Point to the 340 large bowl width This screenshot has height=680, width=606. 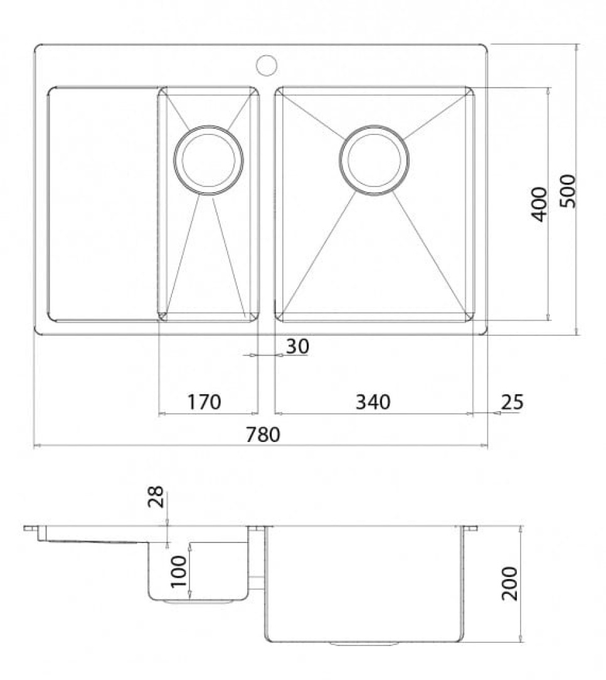(373, 402)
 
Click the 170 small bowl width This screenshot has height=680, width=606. (205, 402)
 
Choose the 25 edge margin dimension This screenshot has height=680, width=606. (513, 402)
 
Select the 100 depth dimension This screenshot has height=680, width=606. (179, 571)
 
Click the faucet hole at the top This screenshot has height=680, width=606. (266, 65)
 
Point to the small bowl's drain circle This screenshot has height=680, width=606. (209, 160)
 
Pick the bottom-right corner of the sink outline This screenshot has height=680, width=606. (486, 333)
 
